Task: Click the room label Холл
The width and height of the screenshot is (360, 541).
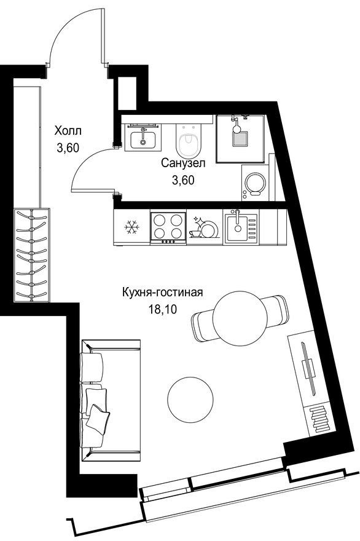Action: coord(68,131)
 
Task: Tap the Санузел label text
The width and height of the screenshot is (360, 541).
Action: coord(183,163)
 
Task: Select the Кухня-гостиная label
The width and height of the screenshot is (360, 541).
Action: coord(162,293)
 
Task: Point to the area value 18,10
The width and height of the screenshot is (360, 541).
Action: coord(162,309)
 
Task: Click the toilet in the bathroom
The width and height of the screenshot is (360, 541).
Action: coord(188,140)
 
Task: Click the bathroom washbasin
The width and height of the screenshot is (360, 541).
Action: coord(143,137)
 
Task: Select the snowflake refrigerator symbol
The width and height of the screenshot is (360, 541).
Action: coord(131,227)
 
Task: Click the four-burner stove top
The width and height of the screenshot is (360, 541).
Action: coord(168,228)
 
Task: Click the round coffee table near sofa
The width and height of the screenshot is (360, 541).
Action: coord(190,400)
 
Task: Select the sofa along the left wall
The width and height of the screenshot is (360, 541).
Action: coord(111,400)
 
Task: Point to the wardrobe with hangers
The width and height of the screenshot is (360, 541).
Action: coord(32,255)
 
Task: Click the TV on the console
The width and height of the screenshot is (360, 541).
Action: coord(308,368)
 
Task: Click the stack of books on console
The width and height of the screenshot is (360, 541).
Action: coord(319,418)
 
